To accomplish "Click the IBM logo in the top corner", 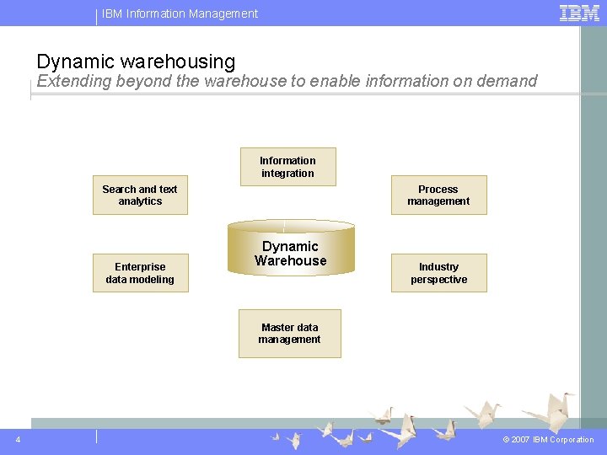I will (x=579, y=13).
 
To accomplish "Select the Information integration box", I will (x=287, y=167).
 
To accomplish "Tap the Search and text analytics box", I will (x=140, y=195).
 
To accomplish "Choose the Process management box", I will (x=438, y=195).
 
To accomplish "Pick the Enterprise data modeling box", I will (x=140, y=273).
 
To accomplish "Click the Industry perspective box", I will (x=438, y=273).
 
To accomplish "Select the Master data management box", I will (x=289, y=334).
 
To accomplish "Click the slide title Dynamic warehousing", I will (x=136, y=62).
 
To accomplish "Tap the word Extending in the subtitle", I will (x=73, y=81).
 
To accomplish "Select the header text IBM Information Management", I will (x=180, y=13).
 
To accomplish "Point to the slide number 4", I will (x=19, y=439).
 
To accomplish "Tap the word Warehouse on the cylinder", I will (x=290, y=261).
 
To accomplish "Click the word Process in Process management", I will (x=438, y=190).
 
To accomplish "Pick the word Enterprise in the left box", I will (x=140, y=267).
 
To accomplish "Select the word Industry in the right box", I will (x=438, y=267).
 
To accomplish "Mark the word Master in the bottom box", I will (x=277, y=328).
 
